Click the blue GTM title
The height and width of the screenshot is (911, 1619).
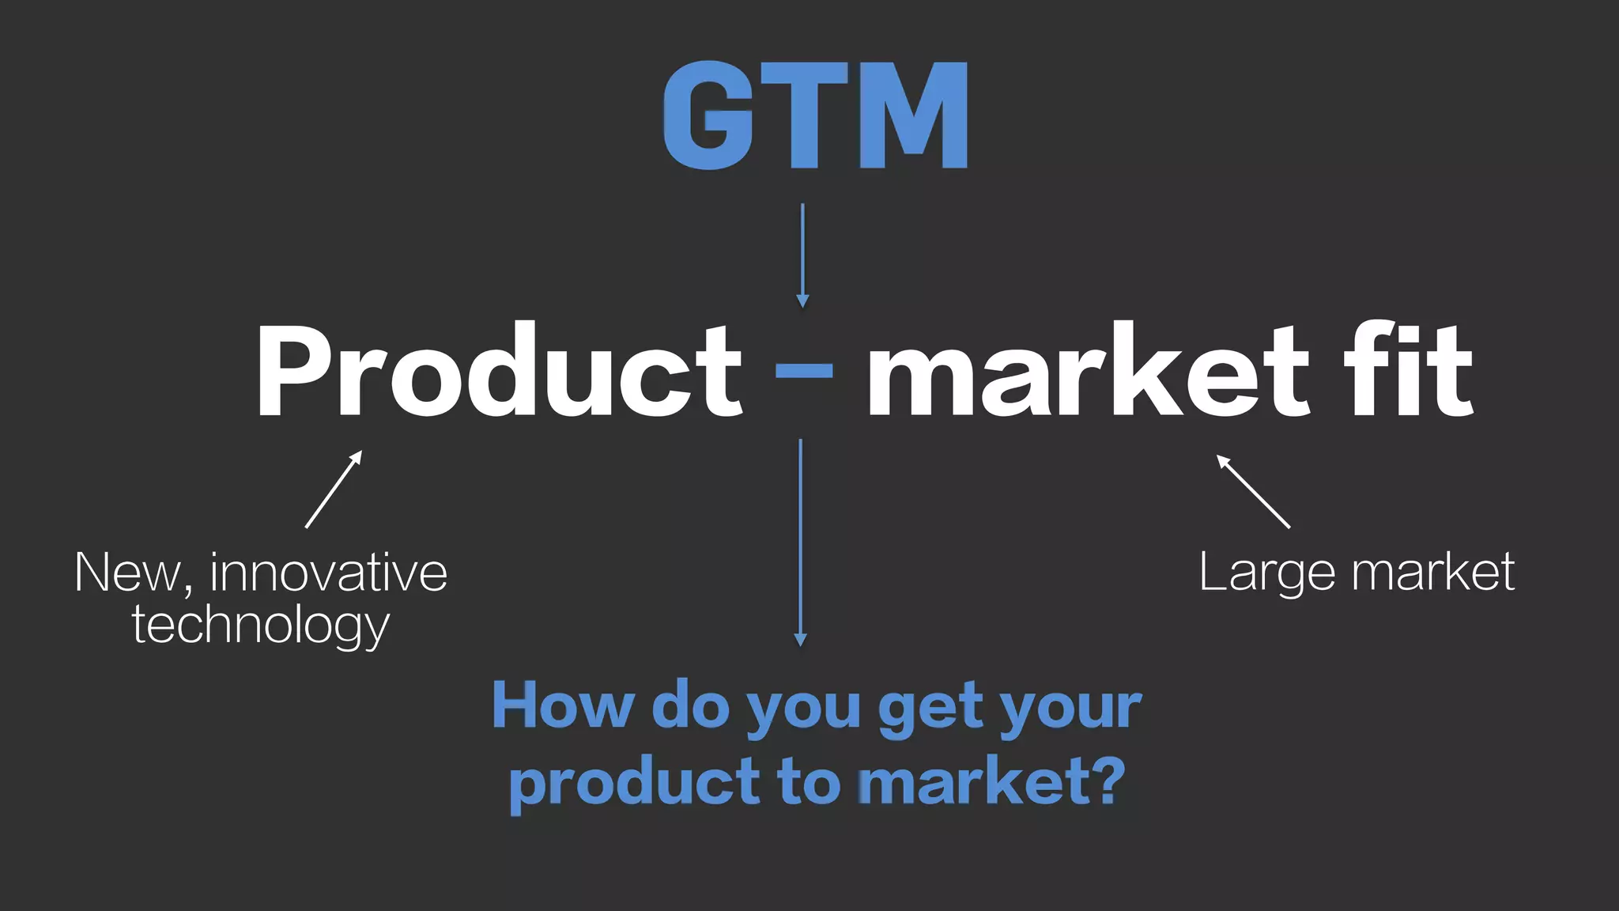(815, 115)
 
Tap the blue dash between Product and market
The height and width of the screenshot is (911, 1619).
(804, 370)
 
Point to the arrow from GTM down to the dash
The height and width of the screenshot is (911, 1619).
(802, 255)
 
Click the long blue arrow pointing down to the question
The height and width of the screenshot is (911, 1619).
(800, 542)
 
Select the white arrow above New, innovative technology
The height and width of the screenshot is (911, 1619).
(334, 490)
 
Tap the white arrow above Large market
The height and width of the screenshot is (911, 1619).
(1253, 491)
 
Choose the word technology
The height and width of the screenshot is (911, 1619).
(261, 626)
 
